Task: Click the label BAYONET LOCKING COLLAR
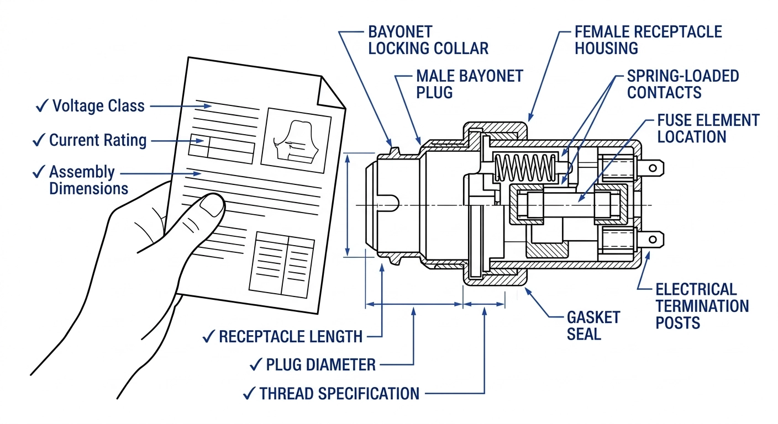click(x=428, y=40)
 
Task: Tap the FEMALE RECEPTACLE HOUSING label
click(x=648, y=40)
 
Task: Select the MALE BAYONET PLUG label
click(x=469, y=84)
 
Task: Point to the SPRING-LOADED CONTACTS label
click(x=683, y=84)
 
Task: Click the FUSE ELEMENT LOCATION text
click(x=708, y=129)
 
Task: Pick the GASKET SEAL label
click(x=593, y=326)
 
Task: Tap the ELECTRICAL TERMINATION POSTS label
click(x=702, y=306)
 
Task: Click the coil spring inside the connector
click(x=524, y=168)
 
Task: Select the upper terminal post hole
click(x=653, y=168)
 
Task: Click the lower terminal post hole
click(x=653, y=240)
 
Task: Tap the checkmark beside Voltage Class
click(x=42, y=105)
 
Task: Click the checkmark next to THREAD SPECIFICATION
click(x=249, y=394)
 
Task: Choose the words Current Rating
click(x=98, y=140)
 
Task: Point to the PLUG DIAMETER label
click(x=321, y=365)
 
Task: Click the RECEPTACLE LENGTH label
click(x=291, y=337)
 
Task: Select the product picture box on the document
click(x=296, y=141)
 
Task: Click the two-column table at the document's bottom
click(x=282, y=265)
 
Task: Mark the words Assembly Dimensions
click(x=88, y=180)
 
